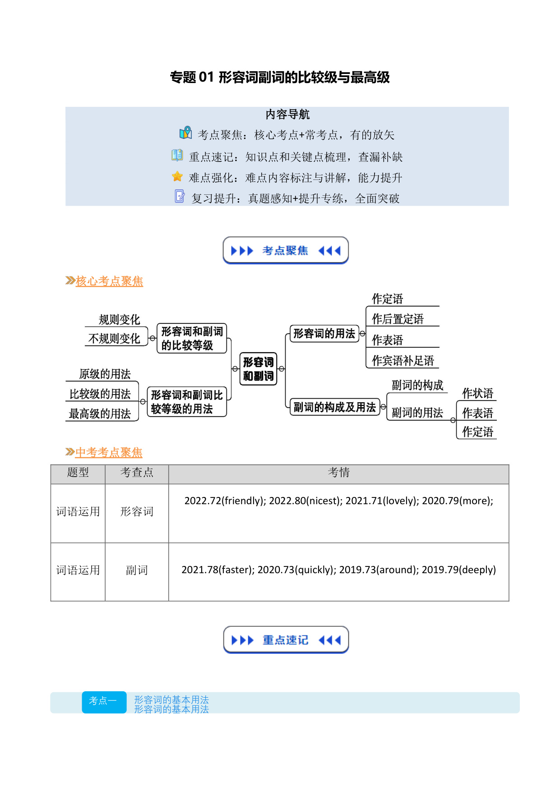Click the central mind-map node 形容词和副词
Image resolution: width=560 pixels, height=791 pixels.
click(258, 369)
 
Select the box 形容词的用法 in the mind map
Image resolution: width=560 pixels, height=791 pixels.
click(324, 334)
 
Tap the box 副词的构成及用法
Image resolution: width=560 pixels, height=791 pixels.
click(334, 407)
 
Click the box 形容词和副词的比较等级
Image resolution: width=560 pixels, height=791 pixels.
click(192, 338)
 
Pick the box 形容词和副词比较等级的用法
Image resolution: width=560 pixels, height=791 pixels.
click(187, 402)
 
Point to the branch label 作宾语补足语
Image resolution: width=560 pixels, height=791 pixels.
click(403, 360)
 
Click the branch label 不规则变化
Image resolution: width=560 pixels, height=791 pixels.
click(114, 339)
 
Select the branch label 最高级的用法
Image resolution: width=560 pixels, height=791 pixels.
click(100, 414)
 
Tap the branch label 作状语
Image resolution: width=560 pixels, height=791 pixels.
click(477, 393)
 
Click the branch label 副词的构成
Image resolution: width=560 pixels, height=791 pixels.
click(417, 385)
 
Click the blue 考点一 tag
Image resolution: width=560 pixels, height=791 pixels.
click(104, 702)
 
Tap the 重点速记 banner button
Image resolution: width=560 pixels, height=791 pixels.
click(286, 640)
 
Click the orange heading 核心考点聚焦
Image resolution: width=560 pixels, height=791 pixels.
click(109, 281)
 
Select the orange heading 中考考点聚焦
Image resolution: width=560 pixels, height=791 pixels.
click(109, 452)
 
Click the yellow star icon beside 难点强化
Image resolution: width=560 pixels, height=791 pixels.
click(177, 176)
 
